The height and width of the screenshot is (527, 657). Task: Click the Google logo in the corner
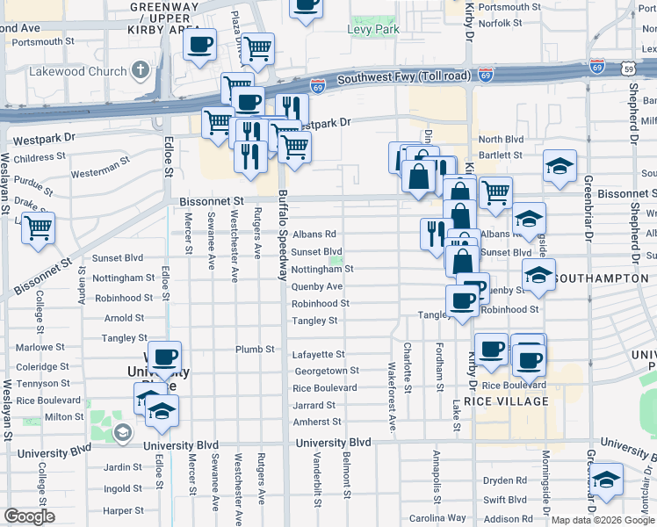pos(29,516)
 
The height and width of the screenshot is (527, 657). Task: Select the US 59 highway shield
pos(626,68)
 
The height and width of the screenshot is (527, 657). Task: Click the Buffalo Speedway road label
pos(283,235)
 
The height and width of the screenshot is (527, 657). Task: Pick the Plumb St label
pos(256,349)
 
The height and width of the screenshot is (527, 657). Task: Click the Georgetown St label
pos(326,372)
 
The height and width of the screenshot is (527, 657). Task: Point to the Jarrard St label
pos(314,405)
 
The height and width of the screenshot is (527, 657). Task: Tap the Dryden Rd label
pos(505,480)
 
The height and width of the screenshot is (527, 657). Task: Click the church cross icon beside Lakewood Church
pos(141,69)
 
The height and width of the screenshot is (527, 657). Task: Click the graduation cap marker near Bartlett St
pos(559,167)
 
